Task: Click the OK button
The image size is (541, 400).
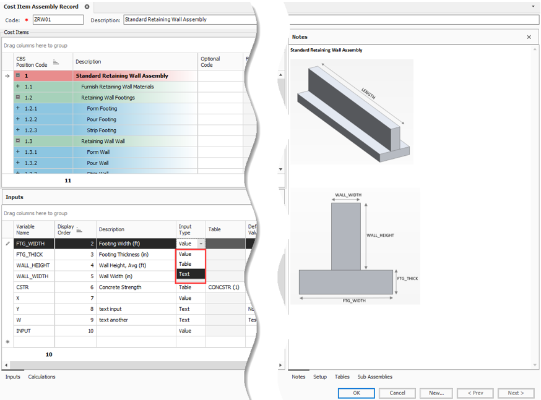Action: click(356, 393)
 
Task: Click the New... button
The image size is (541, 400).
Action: click(436, 393)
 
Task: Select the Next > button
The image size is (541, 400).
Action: click(515, 393)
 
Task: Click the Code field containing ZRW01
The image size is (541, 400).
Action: click(58, 20)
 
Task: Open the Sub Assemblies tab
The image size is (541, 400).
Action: click(374, 377)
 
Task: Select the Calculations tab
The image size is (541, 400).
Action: click(41, 377)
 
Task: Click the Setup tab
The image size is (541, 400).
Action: click(319, 377)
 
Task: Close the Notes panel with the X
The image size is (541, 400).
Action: click(529, 37)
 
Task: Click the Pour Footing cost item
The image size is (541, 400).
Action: click(101, 119)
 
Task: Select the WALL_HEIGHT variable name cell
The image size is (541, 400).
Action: click(33, 265)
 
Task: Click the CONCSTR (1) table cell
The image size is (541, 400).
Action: click(223, 287)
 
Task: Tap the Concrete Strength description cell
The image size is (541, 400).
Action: click(120, 287)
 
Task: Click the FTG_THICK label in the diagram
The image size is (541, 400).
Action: click(407, 278)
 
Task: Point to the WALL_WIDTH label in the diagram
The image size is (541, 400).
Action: click(348, 195)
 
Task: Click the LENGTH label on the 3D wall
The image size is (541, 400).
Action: click(369, 93)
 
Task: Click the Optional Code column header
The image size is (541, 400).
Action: click(210, 62)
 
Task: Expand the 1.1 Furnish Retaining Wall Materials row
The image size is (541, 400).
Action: click(18, 87)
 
